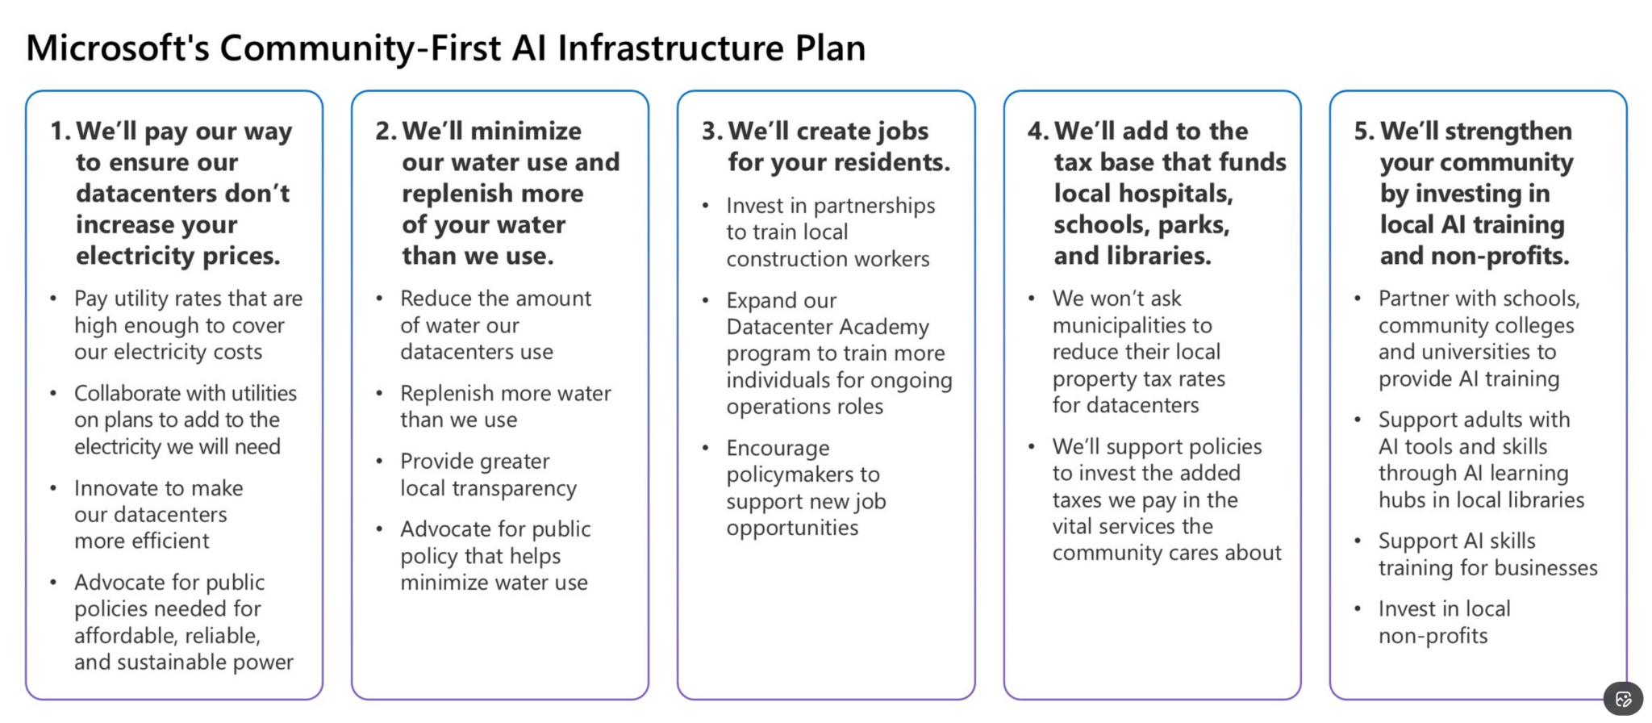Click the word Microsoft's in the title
coord(118,48)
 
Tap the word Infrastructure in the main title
coord(670,48)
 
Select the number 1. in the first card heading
coord(60,131)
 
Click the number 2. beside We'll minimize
coord(386,131)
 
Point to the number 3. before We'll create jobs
coord(711,131)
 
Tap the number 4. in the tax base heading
coord(1037,131)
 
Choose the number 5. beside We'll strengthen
coord(1364,131)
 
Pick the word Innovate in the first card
coord(113,488)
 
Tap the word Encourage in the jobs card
coord(777,448)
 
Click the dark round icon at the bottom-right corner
coord(1623,699)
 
